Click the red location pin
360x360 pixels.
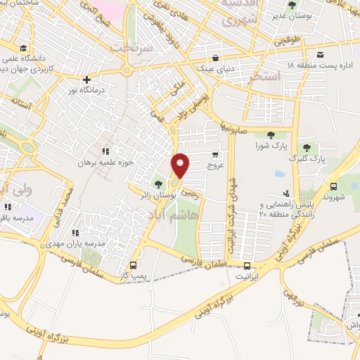point(181,166)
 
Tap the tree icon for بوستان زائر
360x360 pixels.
point(157,185)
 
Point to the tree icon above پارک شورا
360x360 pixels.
point(271,135)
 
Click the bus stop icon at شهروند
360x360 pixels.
point(333,186)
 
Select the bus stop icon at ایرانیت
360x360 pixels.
point(247,266)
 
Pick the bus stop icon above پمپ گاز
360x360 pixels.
point(134,266)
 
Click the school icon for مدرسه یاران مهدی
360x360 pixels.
point(75,232)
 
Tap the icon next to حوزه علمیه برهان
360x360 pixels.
point(105,150)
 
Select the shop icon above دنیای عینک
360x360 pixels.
point(214,58)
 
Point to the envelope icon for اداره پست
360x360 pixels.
point(321,55)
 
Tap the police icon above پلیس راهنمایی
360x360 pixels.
point(285,193)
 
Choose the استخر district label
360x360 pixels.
point(264,75)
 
